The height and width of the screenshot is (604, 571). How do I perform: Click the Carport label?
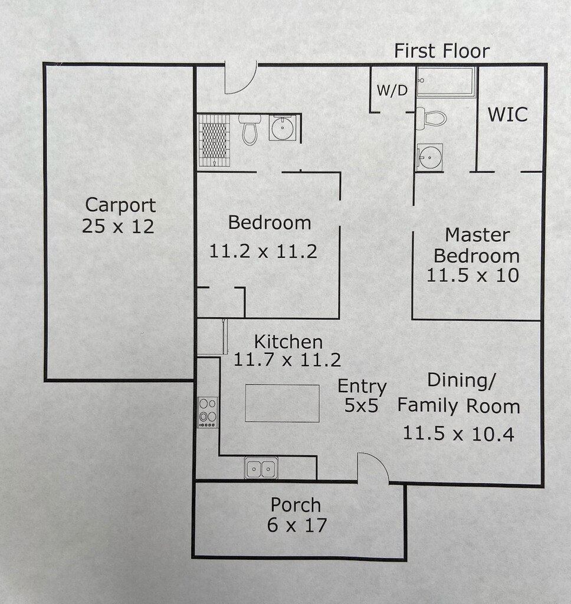coord(120,205)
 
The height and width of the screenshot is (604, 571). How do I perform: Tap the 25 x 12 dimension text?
coord(118,226)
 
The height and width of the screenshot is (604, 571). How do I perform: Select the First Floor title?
coord(442,51)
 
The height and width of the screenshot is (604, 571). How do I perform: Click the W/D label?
coord(392,90)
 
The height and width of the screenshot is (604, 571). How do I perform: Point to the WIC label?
coord(507,114)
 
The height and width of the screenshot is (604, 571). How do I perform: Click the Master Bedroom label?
coord(477,245)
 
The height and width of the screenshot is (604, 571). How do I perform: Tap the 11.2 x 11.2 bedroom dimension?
coord(263,251)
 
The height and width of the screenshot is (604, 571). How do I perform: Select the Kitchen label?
coord(288,342)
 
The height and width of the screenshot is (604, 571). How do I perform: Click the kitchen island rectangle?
coord(282,403)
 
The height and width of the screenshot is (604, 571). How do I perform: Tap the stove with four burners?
coord(207,411)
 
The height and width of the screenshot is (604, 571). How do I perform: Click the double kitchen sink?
coord(261,468)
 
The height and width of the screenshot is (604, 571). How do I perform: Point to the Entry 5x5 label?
coord(362,396)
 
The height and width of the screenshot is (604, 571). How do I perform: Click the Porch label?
coord(296,505)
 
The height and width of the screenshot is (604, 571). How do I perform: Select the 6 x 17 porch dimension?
coord(297,524)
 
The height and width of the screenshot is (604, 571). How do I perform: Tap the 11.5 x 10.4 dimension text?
coord(458,434)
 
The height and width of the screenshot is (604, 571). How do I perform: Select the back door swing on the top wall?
coord(239,78)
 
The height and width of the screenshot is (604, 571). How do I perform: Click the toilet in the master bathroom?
coord(431,119)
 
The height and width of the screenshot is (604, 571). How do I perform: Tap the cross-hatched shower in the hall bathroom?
coord(214,140)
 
